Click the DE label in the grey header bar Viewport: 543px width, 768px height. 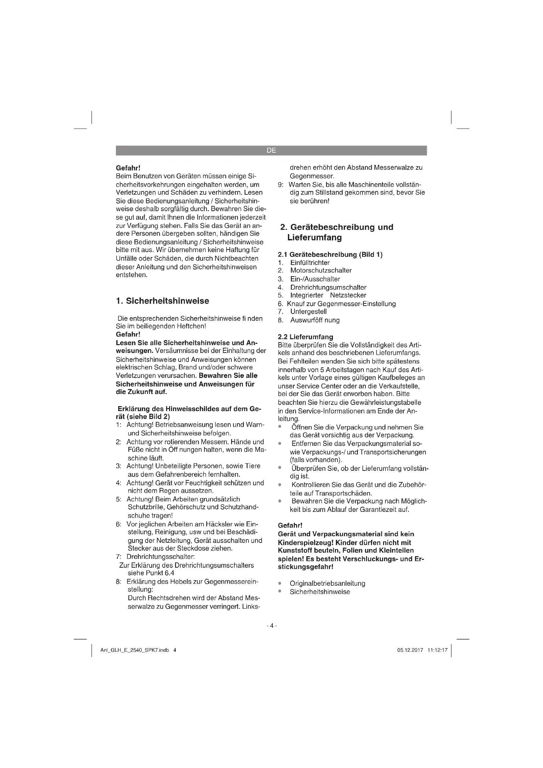271,150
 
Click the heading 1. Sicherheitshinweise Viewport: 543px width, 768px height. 163,301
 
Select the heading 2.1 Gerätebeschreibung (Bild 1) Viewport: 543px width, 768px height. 330,254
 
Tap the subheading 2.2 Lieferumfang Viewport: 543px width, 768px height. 305,337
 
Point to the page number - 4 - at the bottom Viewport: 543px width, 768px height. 271,625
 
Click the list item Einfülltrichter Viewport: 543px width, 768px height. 310,263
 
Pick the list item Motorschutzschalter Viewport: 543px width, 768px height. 321,270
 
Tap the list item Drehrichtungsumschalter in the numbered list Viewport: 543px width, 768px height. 328,287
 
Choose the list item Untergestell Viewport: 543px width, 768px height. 308,312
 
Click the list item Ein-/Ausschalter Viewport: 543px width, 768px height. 315,279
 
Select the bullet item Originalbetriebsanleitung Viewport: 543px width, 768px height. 327,583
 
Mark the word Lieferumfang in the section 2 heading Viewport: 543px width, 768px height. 314,238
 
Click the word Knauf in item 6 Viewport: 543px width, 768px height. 295,304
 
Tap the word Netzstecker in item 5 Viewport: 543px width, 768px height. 348,296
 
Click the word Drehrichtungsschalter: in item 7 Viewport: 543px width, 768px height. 161,557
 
